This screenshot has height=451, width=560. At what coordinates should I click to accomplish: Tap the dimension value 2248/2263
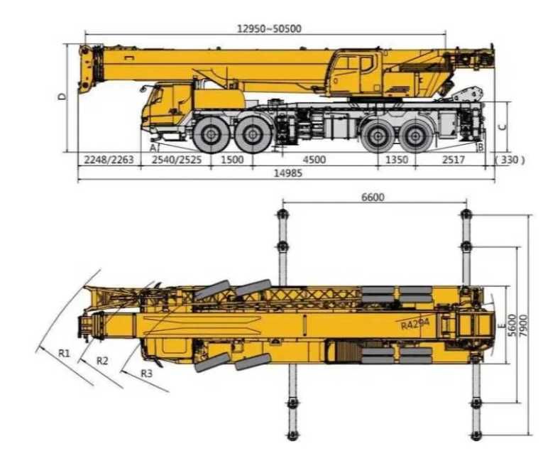pos(109,160)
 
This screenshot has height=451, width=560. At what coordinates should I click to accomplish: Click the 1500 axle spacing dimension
pos(232,160)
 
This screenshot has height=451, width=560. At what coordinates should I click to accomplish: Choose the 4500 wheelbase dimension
pos(314,160)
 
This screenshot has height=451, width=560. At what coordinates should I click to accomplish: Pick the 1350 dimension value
pos(396,160)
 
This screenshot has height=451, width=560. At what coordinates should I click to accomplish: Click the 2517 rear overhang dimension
pos(452,160)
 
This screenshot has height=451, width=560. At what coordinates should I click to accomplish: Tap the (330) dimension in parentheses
pos(510,160)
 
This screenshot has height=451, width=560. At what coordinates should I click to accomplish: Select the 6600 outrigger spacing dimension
pos(373,197)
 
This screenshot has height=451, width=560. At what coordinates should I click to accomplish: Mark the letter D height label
pos(62,96)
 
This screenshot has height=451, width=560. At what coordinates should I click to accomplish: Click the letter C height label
pos(502,127)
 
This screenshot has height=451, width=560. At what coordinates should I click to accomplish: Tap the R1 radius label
pos(64,352)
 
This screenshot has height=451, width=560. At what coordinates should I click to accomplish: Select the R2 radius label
pos(102,361)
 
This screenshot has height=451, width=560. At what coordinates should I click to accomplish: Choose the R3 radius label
pos(146,373)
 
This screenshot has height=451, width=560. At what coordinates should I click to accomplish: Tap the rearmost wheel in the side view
pos(416,134)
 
